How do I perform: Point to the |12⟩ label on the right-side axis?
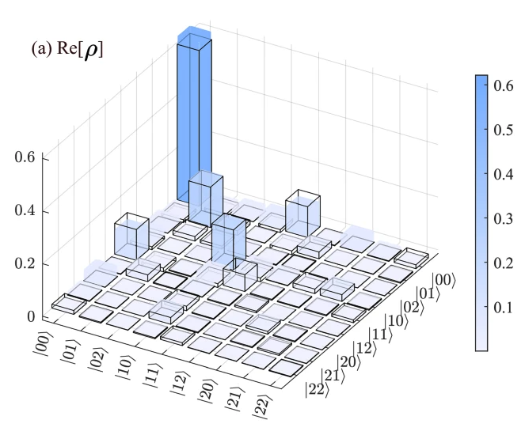point(363,347)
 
